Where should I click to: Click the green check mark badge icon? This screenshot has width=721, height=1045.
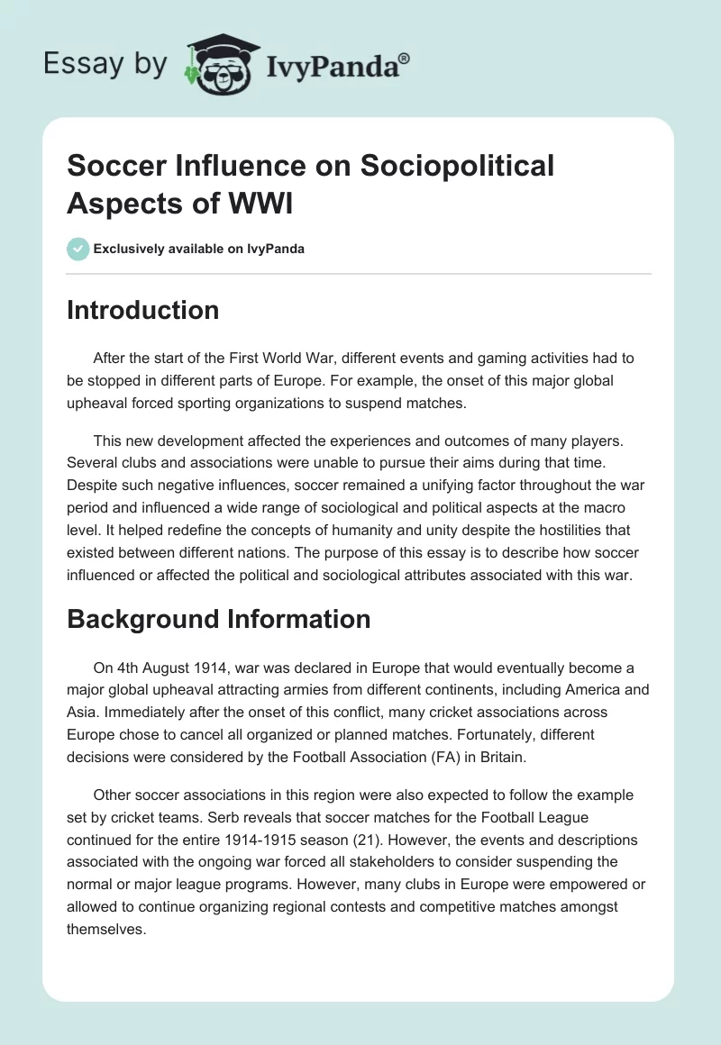point(78,249)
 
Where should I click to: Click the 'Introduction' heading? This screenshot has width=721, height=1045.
point(143,310)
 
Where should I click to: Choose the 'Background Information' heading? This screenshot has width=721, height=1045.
point(219,619)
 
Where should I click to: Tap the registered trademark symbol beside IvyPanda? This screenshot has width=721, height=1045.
point(405,57)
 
